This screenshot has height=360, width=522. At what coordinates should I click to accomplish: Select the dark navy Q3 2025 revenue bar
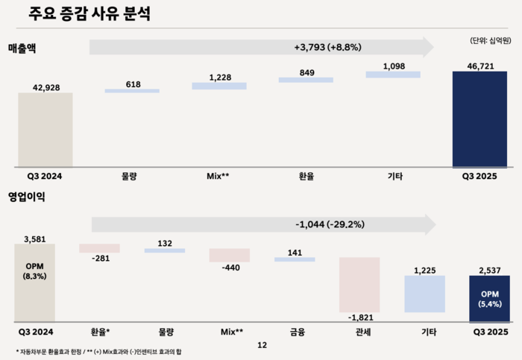coord(480,119)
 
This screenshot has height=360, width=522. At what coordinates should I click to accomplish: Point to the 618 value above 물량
coord(133,83)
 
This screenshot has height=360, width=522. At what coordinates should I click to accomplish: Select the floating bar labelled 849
coord(306,79)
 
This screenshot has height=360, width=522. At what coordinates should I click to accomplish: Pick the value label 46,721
coord(480,65)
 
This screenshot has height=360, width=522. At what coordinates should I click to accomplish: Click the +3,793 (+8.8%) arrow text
coord(327,47)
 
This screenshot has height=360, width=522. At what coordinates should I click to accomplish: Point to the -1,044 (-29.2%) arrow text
coord(329,223)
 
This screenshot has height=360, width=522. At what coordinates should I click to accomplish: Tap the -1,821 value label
coord(360,318)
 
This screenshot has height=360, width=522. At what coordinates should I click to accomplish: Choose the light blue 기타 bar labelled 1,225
coord(424,294)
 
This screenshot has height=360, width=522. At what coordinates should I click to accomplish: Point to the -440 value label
coord(230,268)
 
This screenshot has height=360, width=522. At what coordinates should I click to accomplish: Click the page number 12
coord(261,345)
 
